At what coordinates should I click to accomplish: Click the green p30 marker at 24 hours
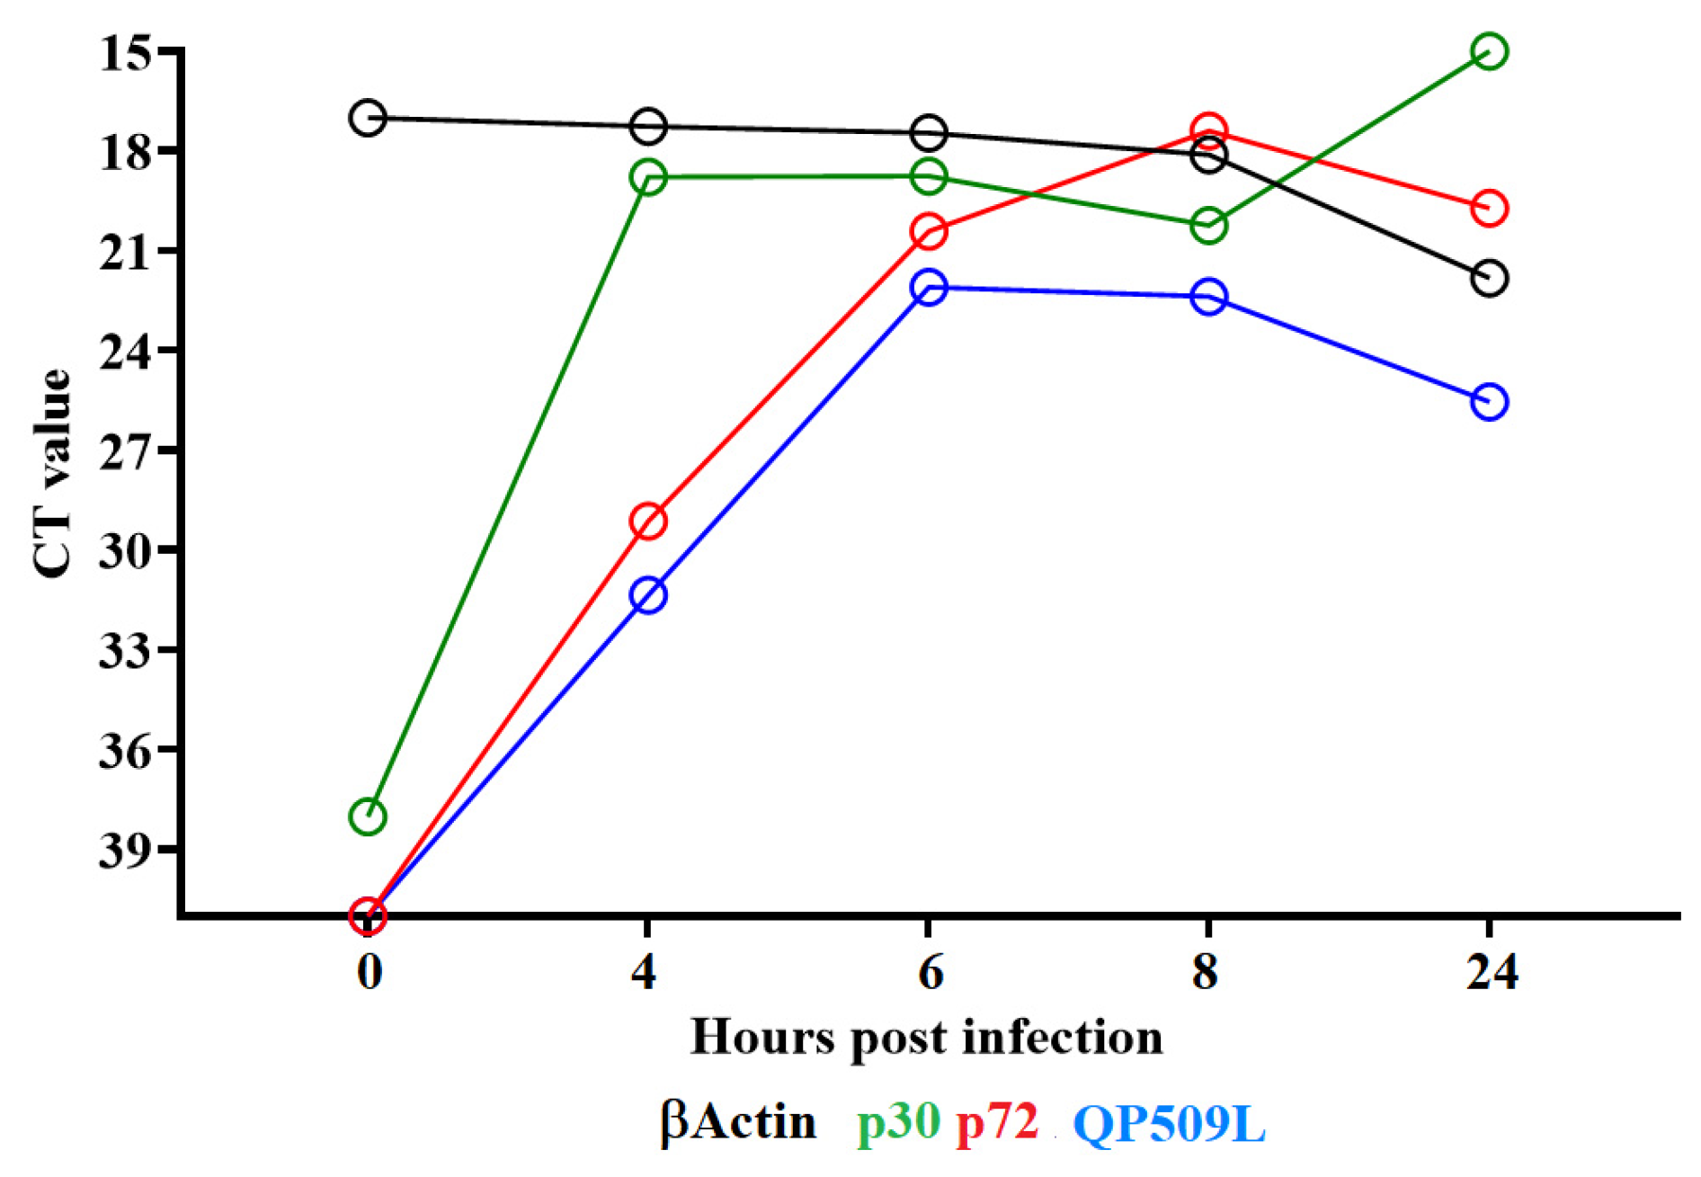1489,51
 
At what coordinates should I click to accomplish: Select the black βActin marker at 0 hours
368,118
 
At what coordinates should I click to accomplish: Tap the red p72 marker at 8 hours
1208,132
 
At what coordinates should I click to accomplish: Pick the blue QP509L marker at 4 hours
648,594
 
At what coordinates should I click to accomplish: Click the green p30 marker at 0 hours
368,816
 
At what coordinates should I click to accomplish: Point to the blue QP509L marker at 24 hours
1489,401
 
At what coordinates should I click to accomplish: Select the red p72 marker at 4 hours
648,521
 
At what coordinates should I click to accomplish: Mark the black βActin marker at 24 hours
1489,278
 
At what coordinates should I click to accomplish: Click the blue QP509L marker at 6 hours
929,287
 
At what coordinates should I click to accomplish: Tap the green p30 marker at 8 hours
1208,226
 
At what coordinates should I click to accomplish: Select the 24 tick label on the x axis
1491,972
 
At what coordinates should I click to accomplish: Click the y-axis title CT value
51,474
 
